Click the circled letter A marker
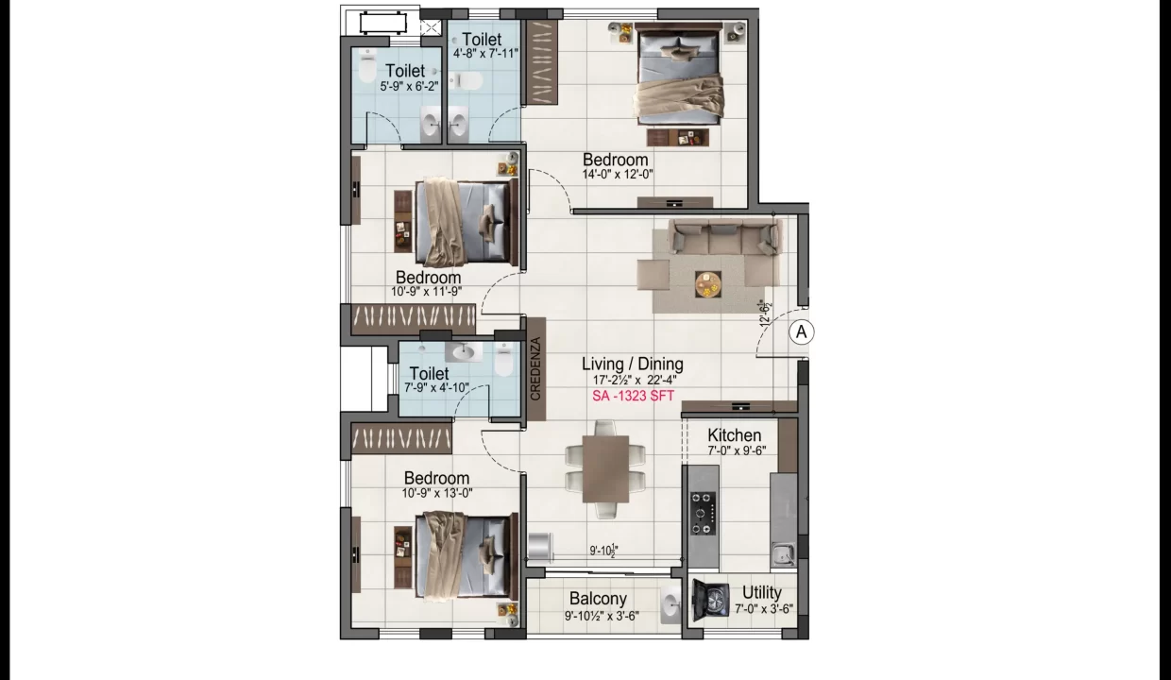(802, 331)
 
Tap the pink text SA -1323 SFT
(633, 396)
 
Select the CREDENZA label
(535, 369)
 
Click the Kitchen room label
(735, 434)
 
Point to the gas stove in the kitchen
(704, 513)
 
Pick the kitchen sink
(783, 553)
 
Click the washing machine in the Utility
(710, 599)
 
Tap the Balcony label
(598, 599)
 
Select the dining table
(605, 469)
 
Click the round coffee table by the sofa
(708, 284)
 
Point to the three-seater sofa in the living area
(724, 237)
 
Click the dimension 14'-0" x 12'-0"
(618, 175)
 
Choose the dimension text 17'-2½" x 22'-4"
(634, 380)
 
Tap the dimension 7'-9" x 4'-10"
(436, 388)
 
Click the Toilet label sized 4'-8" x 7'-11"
(482, 40)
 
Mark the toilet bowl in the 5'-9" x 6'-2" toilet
(367, 65)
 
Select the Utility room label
(762, 593)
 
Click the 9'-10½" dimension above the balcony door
(604, 551)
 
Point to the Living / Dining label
(633, 364)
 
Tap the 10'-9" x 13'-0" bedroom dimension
(437, 493)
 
